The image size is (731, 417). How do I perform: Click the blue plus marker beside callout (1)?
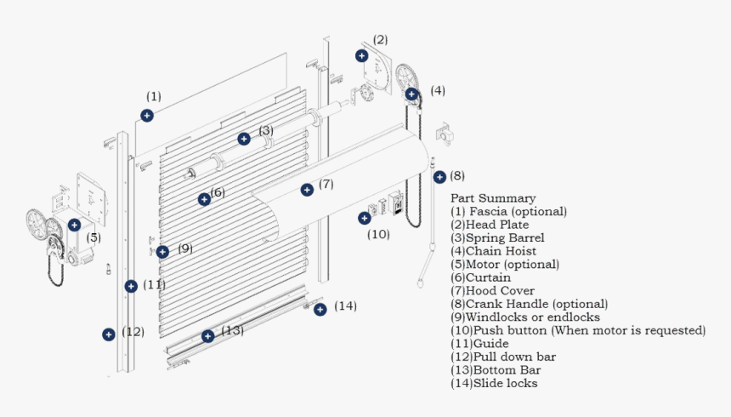pyautogui.click(x=147, y=116)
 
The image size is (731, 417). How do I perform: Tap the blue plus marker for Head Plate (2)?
pyautogui.click(x=361, y=55)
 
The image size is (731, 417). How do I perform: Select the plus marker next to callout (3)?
pyautogui.click(x=244, y=139)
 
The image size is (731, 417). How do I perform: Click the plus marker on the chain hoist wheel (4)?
pyautogui.click(x=411, y=94)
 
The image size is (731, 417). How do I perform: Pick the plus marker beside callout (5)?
pyautogui.click(x=75, y=225)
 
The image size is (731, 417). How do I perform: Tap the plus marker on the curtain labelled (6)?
pyautogui.click(x=204, y=199)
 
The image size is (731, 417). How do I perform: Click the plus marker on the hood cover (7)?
pyautogui.click(x=306, y=190)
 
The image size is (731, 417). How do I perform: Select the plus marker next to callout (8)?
pyautogui.click(x=439, y=177)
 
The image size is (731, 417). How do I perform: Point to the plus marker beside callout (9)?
pyautogui.click(x=162, y=251)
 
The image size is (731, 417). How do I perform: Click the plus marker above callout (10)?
pyautogui.click(x=364, y=218)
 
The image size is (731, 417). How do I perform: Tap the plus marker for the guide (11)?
pyautogui.click(x=131, y=286)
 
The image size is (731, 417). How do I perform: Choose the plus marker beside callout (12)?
pyautogui.click(x=109, y=334)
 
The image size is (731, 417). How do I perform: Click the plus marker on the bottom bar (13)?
pyautogui.click(x=207, y=336)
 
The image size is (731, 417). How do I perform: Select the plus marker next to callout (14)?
pyautogui.click(x=320, y=310)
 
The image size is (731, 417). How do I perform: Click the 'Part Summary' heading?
pyautogui.click(x=493, y=198)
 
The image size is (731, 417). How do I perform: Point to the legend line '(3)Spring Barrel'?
pyautogui.click(x=497, y=238)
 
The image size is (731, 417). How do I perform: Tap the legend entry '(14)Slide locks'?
pyautogui.click(x=494, y=383)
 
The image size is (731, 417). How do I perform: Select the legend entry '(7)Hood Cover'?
pyautogui.click(x=492, y=291)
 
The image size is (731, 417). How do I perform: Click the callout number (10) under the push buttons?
pyautogui.click(x=378, y=234)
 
